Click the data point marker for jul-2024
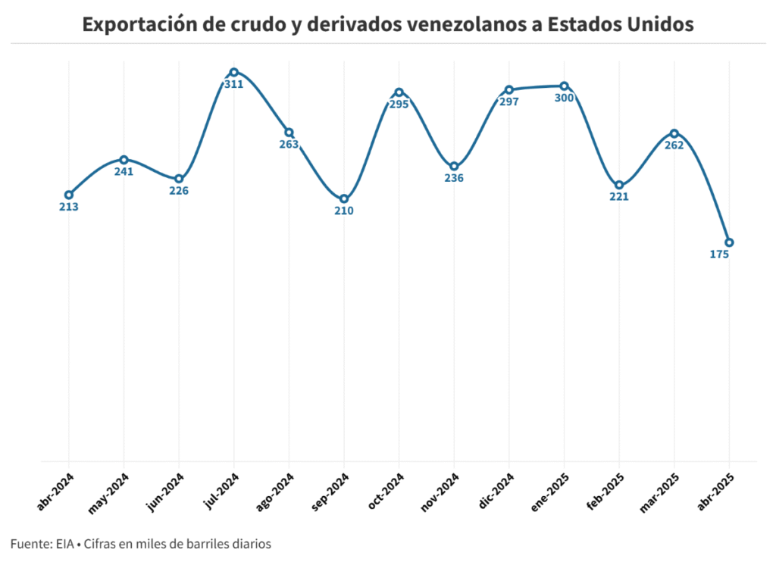(x=233, y=73)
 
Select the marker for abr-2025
(x=729, y=242)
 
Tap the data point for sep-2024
(x=344, y=198)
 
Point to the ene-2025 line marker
(x=564, y=86)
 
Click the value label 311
(x=233, y=85)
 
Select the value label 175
(x=719, y=254)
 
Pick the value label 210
(x=344, y=211)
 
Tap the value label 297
(x=508, y=101)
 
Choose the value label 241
(x=124, y=172)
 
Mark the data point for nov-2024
(x=454, y=167)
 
